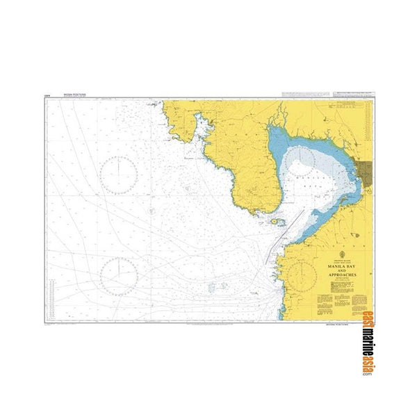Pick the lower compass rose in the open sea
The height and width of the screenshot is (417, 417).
[x=118, y=273]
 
